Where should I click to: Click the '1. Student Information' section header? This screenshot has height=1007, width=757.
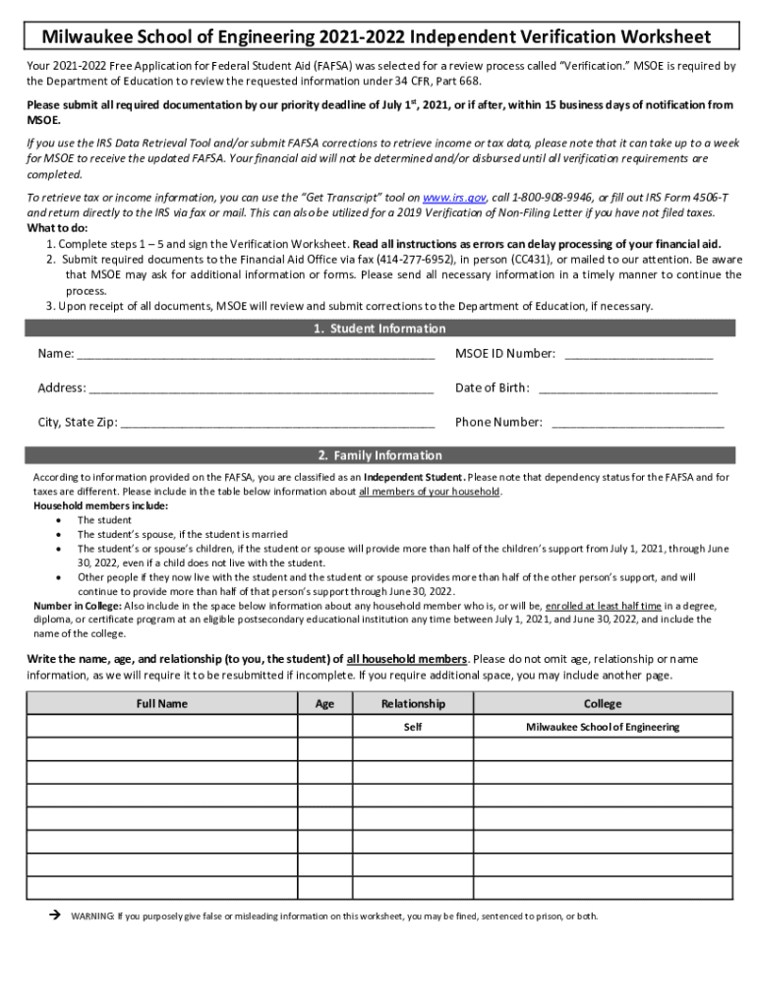click(378, 328)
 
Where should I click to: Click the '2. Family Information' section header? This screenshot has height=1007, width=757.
click(378, 455)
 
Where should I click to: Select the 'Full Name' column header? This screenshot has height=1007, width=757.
click(162, 703)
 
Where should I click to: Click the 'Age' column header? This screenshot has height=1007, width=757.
click(324, 703)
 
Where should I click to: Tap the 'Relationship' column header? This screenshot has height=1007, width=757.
click(413, 703)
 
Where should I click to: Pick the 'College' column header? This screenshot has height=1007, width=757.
click(603, 703)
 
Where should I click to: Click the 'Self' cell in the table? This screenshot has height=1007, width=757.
click(413, 727)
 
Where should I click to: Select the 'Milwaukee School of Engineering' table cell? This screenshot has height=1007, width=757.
click(603, 727)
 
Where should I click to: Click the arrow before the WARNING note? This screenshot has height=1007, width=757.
click(55, 916)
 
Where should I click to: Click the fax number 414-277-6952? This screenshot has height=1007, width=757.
click(416, 259)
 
